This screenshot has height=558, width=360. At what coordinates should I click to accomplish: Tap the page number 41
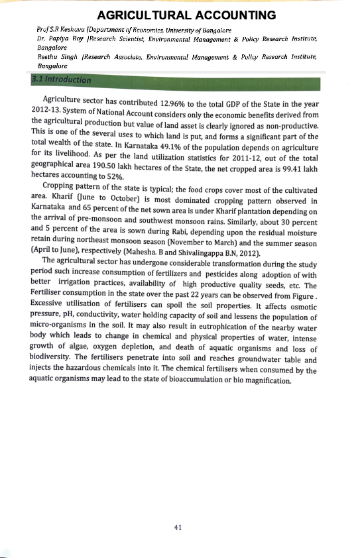[x=177, y=528]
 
